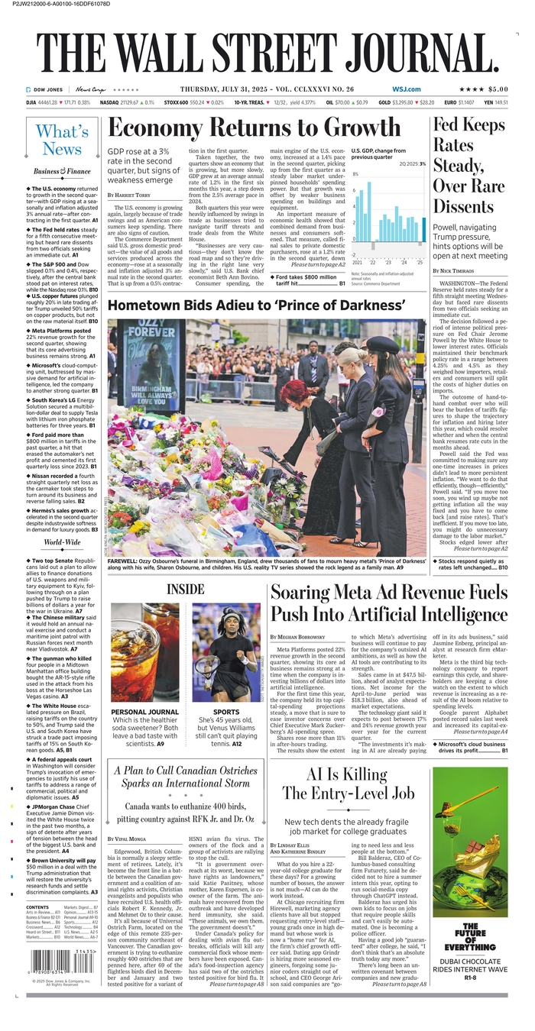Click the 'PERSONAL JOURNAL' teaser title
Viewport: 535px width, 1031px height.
(x=145, y=713)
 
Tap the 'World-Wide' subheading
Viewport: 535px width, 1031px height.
(x=62, y=542)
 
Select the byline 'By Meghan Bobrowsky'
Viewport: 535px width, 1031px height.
(x=306, y=636)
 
